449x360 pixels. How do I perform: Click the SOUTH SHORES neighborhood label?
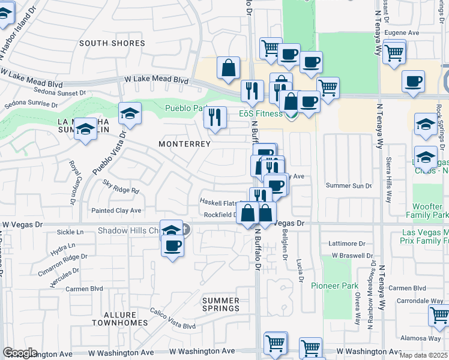[x=112, y=43]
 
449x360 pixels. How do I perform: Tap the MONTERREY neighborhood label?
[x=184, y=144]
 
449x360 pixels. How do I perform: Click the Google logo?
[x=20, y=353]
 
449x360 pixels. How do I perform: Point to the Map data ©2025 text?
[x=423, y=355]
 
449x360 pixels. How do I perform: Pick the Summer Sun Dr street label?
[x=349, y=185]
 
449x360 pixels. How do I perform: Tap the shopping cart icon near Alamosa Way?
[x=438, y=314]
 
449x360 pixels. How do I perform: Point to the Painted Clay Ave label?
[x=116, y=211]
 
